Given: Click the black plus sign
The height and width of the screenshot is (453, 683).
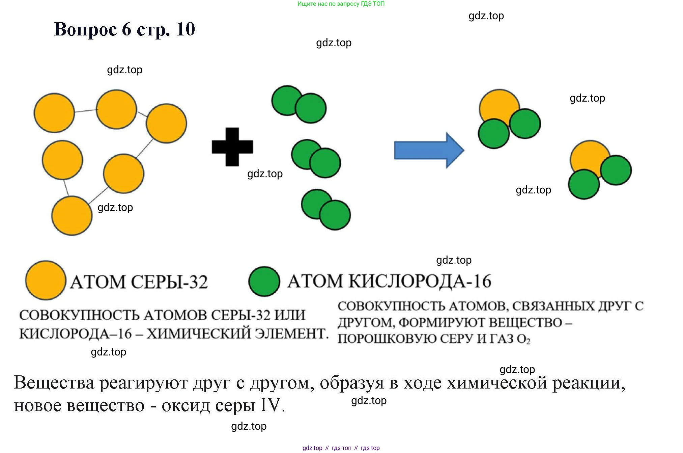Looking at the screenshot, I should pos(232,147).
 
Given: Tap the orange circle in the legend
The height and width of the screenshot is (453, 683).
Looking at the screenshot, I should pos(46,280).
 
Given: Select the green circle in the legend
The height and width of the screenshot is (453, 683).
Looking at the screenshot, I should pos(264,281).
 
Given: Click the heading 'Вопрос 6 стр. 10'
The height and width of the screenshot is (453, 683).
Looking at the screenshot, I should pos(124,29).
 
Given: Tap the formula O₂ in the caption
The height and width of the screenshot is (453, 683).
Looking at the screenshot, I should pos(523,339).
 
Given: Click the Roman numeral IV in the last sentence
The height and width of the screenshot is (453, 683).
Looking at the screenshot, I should pos(271,405).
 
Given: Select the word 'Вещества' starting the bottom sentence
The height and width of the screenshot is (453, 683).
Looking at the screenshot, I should pos(54,383).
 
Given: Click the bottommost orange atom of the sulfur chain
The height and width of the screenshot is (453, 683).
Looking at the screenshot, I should pos(72,215).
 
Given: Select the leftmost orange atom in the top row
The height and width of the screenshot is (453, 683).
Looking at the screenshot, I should pos(54,113).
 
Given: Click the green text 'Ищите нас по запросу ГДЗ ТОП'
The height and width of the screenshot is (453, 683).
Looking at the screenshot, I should pos(341,4).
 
